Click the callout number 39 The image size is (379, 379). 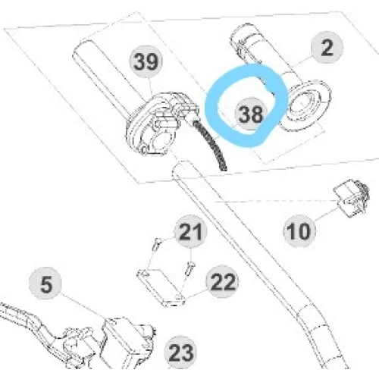pyautogui.click(x=146, y=61)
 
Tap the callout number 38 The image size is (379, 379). pyautogui.click(x=251, y=114)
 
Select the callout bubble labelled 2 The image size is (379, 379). pyautogui.click(x=327, y=48)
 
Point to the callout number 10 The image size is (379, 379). pyautogui.click(x=299, y=231)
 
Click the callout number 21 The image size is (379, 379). pyautogui.click(x=190, y=231)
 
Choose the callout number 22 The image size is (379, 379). pyautogui.click(x=222, y=282)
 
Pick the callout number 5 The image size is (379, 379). pyautogui.click(x=45, y=283)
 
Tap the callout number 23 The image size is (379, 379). pyautogui.click(x=180, y=352)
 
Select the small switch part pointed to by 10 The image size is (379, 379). pyautogui.click(x=352, y=198)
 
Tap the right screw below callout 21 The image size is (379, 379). pyautogui.click(x=189, y=268)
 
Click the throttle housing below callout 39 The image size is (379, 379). pyautogui.click(x=161, y=123)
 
